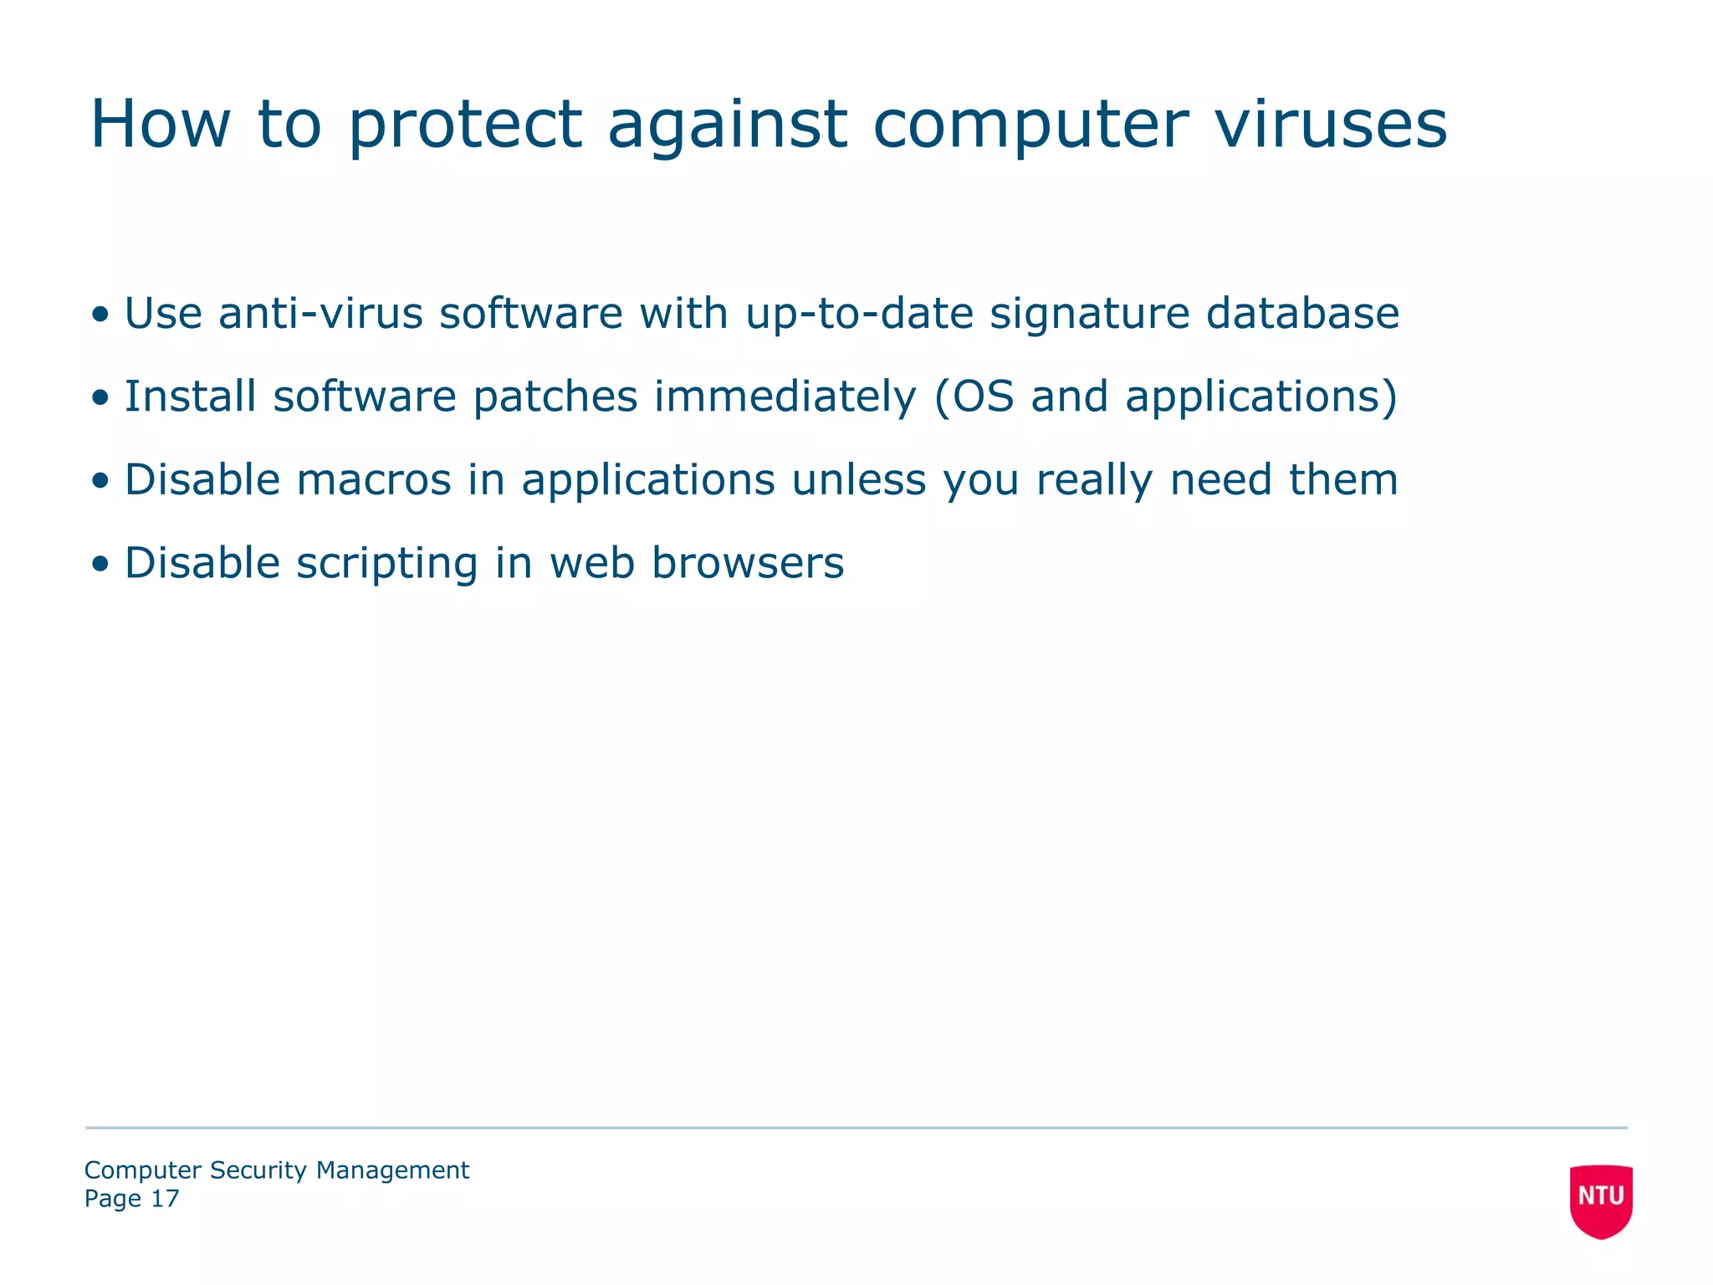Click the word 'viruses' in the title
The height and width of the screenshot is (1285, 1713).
click(x=1330, y=125)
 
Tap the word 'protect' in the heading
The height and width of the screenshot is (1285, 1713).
click(x=464, y=125)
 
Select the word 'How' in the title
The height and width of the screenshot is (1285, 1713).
click(x=160, y=125)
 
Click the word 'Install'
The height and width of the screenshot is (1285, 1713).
click(x=190, y=397)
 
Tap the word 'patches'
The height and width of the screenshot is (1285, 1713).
click(x=555, y=398)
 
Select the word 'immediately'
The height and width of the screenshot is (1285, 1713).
click(x=785, y=398)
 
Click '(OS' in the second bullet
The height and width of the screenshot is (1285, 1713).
click(x=974, y=397)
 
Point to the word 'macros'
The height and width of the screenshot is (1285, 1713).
click(x=373, y=480)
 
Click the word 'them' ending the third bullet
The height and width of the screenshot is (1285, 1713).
click(x=1342, y=480)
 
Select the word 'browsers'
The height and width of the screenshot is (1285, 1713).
click(x=748, y=563)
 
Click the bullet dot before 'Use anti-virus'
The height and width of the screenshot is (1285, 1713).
click(x=101, y=315)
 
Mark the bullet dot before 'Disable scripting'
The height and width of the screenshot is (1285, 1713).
click(x=101, y=564)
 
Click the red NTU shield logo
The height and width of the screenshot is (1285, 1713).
click(x=1601, y=1200)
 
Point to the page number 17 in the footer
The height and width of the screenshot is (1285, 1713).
click(x=165, y=1199)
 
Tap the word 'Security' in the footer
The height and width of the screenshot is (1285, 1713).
click(x=258, y=1170)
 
